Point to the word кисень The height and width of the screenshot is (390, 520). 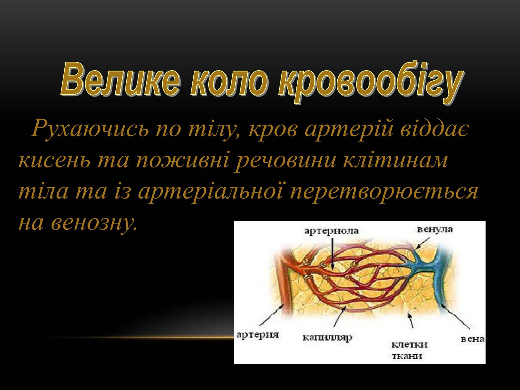point(54,161)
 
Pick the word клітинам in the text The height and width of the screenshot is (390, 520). point(396,160)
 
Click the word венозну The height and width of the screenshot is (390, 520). point(94,223)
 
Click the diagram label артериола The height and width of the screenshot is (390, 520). point(331,231)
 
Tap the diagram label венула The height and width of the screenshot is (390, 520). point(435,229)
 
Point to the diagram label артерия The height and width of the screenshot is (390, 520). point(258,335)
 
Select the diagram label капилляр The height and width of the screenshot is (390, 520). point(327,338)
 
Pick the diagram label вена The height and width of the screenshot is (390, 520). point(472,339)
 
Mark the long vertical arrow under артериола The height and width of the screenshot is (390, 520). point(332,253)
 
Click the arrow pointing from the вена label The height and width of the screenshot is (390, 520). point(455,317)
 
